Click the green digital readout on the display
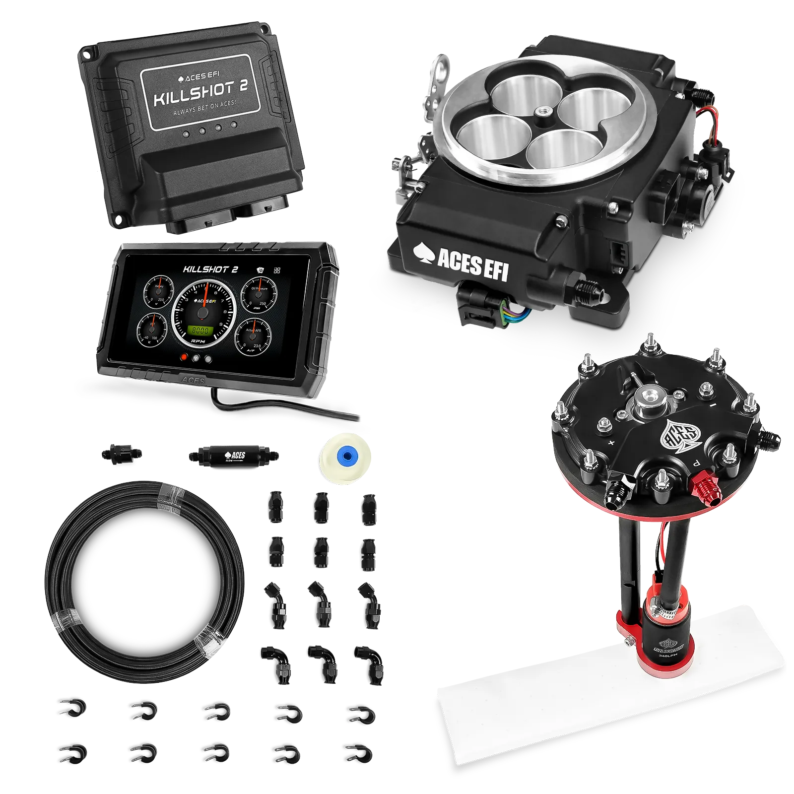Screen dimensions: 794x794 click(200, 331)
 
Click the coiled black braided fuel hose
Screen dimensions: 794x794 click(144, 581)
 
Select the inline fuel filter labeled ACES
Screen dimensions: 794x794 click(233, 454)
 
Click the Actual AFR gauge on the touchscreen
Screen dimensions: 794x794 click(253, 335)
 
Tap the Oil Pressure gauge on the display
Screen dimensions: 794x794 click(258, 293)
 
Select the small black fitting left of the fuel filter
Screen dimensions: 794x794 click(120, 453)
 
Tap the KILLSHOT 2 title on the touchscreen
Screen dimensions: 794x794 click(210, 269)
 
